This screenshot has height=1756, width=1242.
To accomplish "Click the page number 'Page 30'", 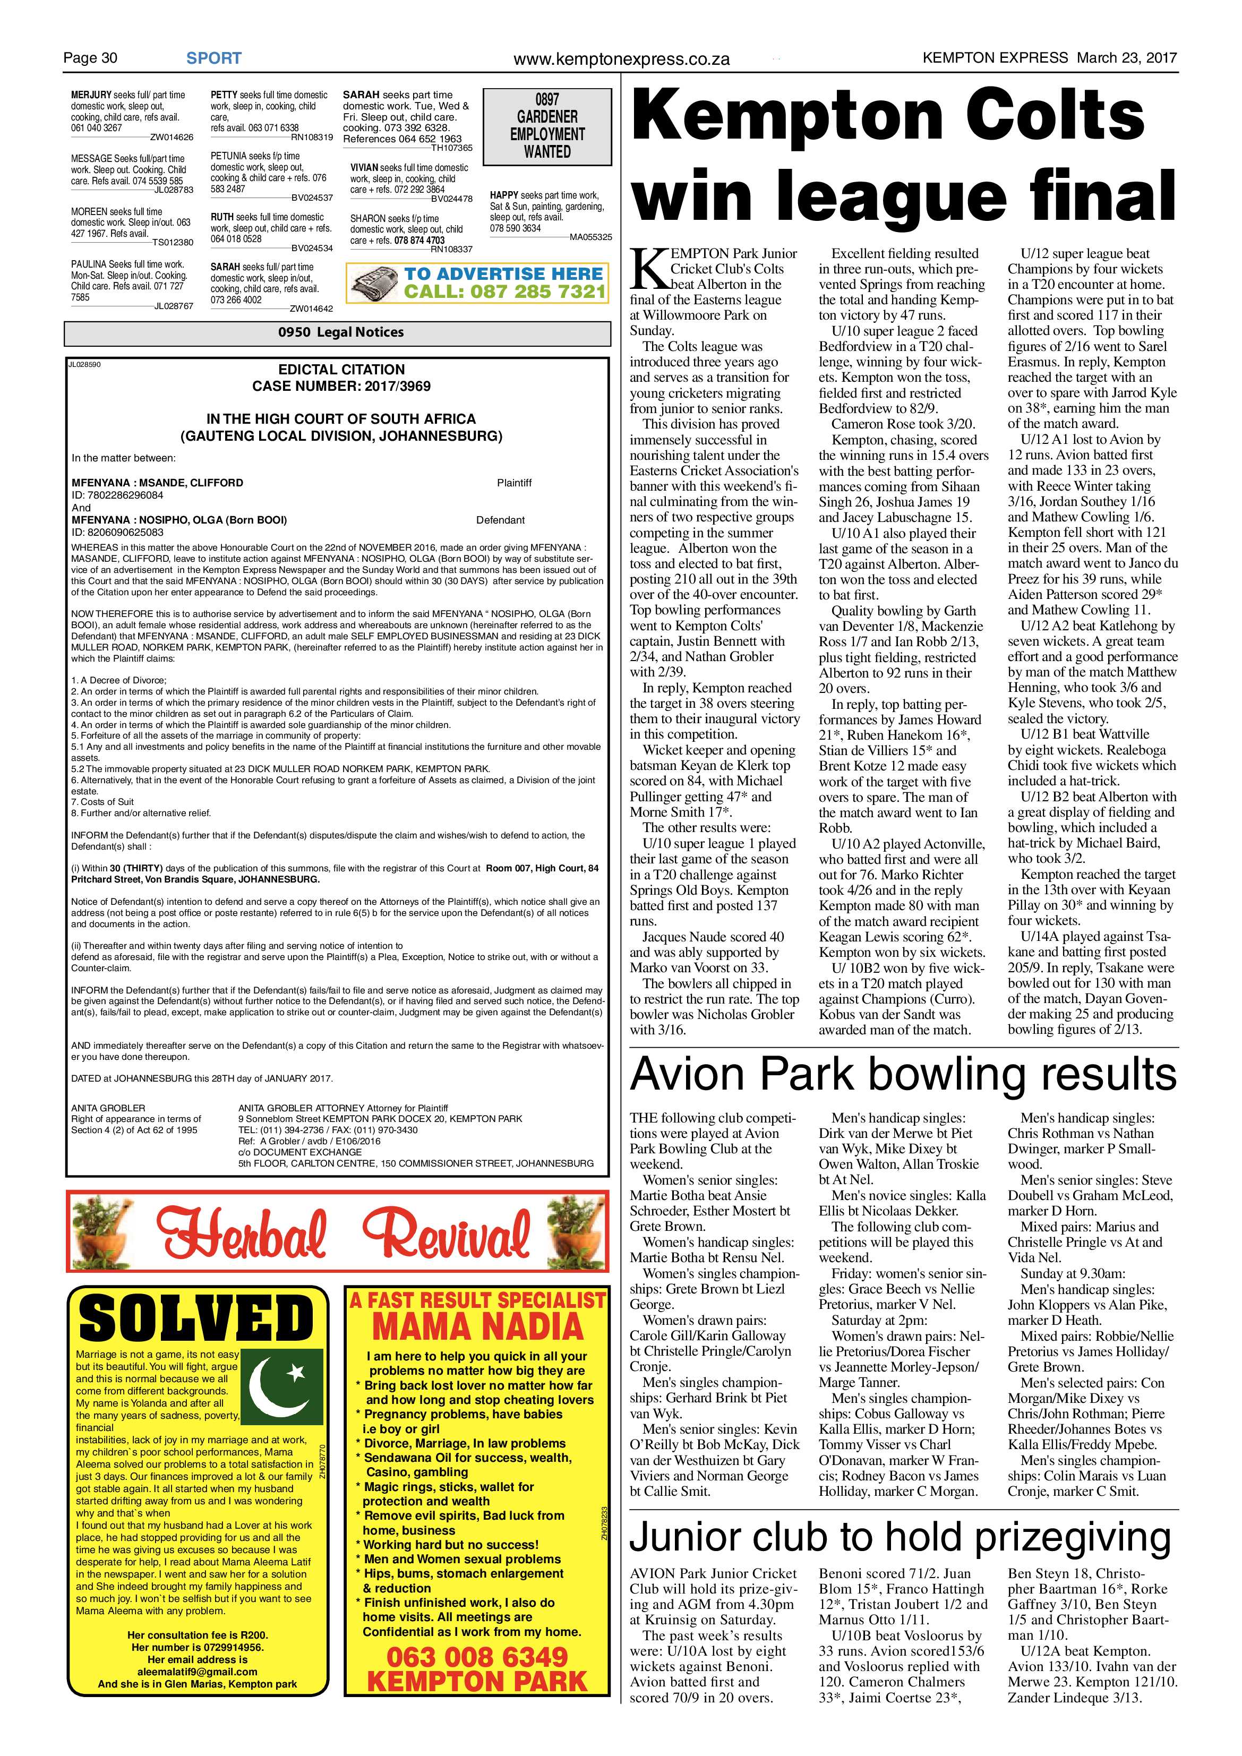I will (90, 58).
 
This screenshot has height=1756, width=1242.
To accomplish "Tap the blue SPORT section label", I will (213, 58).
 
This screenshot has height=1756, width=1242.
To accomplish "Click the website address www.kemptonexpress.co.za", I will (621, 59).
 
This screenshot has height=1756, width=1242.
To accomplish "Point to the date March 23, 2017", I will (1127, 57).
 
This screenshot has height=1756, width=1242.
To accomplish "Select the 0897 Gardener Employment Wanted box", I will (547, 126).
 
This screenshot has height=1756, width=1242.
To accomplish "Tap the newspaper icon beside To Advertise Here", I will (374, 284).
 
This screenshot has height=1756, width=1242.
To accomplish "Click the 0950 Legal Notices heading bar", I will (337, 332).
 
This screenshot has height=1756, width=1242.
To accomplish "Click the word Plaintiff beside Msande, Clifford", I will (514, 483).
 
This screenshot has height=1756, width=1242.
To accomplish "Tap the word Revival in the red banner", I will (447, 1234).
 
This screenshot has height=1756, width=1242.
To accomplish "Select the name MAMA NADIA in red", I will (477, 1325).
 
